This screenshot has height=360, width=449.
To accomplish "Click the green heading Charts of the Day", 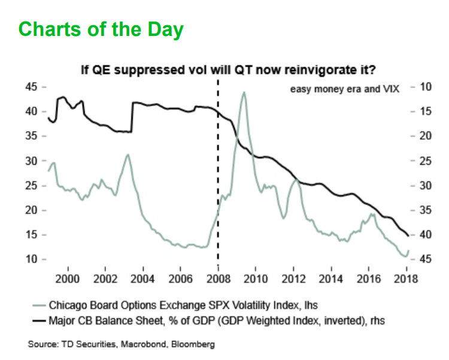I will (x=101, y=29).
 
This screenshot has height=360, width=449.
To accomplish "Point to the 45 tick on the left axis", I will (x=31, y=87).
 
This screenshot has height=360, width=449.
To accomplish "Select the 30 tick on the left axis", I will (x=31, y=161).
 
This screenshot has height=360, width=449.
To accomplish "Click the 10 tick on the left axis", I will (x=31, y=259).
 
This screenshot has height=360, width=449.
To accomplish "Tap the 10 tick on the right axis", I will (x=426, y=87).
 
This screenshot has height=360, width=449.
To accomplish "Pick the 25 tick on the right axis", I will (x=426, y=161).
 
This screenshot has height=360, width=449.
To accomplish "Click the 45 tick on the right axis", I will (x=426, y=259).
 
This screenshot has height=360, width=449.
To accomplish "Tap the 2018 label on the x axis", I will (x=406, y=279).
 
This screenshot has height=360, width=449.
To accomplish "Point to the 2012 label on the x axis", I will (x=293, y=279).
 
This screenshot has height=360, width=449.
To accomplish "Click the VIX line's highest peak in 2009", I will (x=244, y=92).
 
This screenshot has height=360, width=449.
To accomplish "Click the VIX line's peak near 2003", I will (x=128, y=155).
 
